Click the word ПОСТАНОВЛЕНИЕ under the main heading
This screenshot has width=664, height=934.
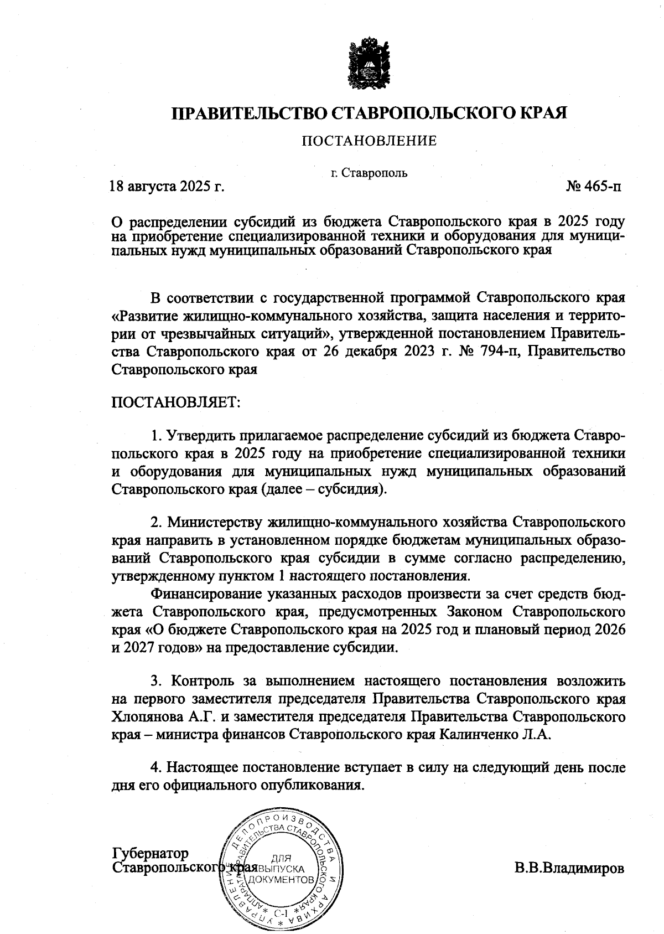369,141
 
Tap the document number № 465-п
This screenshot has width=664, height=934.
593,186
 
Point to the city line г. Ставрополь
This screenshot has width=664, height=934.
369,173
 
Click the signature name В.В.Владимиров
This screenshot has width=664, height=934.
569,867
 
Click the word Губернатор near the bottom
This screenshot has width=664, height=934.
150,853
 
